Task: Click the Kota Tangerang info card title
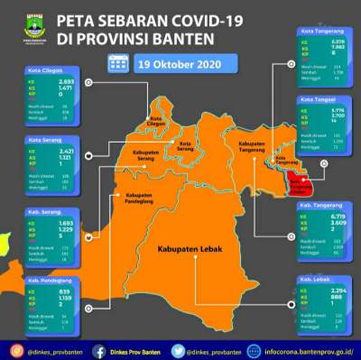pyautogui.click(x=318, y=32)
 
